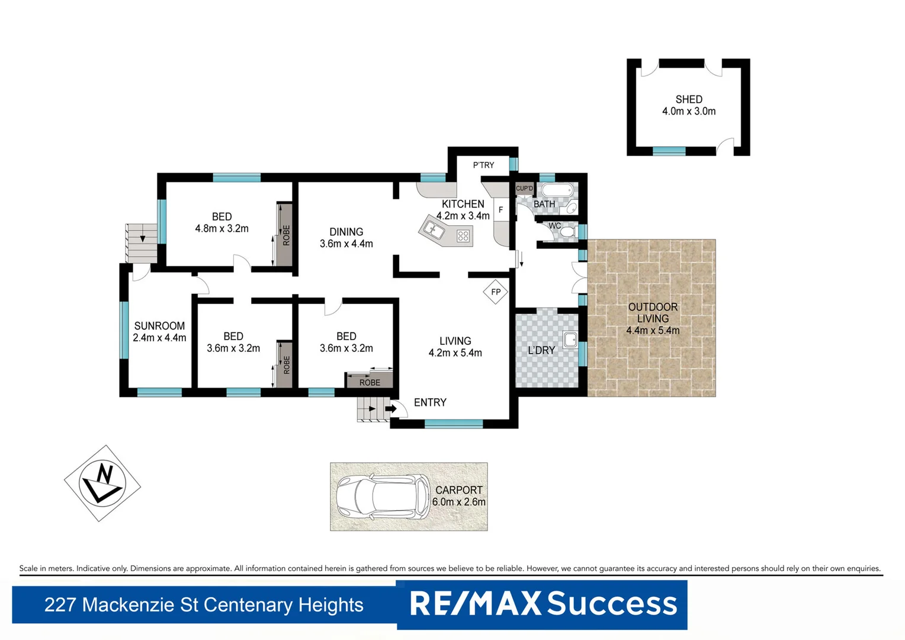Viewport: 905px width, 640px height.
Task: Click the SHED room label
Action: click(x=689, y=100)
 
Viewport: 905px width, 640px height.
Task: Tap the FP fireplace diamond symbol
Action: click(x=496, y=292)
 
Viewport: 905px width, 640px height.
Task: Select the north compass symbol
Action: click(x=102, y=484)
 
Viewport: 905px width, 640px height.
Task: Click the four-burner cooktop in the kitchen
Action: click(x=463, y=236)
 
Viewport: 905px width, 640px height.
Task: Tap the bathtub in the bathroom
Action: click(x=557, y=191)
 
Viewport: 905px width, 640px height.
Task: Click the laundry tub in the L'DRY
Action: click(x=570, y=340)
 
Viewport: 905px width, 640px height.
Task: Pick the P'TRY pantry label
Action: click(x=483, y=165)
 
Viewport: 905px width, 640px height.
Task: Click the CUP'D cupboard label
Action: click(x=524, y=188)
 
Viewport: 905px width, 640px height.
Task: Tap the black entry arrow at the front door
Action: click(x=391, y=408)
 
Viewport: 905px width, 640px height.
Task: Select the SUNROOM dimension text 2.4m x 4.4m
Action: click(x=159, y=338)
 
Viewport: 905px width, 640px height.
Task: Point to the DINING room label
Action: click(x=346, y=232)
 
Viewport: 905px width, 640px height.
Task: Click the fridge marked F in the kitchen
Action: click(x=501, y=210)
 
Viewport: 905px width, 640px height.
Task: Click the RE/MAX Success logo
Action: click(x=543, y=604)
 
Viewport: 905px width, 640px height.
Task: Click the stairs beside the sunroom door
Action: click(x=141, y=242)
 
